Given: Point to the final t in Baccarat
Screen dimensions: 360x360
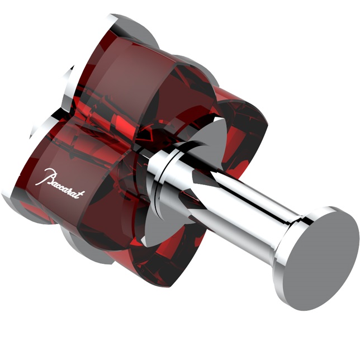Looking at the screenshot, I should [x=82, y=194].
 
